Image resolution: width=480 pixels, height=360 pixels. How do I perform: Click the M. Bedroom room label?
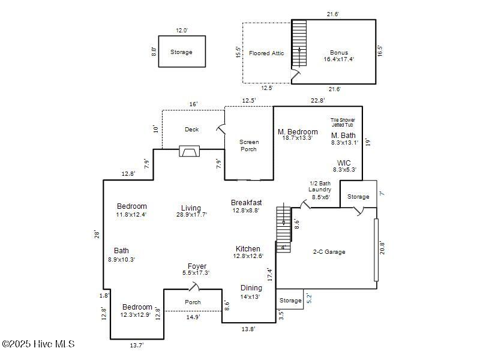(x=298, y=132)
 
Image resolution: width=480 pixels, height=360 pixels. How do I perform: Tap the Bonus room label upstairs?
(x=339, y=53)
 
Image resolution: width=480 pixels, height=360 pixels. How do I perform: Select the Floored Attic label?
(x=266, y=53)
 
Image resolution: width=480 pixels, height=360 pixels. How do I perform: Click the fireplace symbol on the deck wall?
(x=189, y=151)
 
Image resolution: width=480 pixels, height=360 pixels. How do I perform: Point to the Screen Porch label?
(x=249, y=146)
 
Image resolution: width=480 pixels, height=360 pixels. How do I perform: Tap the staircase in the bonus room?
(x=299, y=44)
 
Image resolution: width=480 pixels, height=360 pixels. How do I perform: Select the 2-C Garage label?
(x=329, y=252)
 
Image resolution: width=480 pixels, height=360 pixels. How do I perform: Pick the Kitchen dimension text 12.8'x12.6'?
(x=248, y=256)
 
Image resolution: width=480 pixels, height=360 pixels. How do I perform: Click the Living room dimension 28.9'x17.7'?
(x=191, y=215)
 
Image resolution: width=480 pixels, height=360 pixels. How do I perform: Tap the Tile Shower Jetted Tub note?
(x=343, y=122)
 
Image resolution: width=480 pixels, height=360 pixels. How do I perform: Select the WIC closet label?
(x=344, y=163)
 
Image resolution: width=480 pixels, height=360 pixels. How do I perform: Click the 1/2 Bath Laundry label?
(x=320, y=187)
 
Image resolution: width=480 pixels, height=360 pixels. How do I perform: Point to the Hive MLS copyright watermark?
(x=38, y=344)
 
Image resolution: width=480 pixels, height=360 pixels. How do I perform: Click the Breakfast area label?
(x=246, y=203)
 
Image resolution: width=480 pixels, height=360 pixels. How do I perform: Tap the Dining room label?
(x=251, y=288)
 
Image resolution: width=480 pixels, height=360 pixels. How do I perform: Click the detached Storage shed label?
(x=181, y=52)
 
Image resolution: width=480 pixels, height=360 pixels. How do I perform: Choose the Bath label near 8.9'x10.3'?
(x=121, y=251)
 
